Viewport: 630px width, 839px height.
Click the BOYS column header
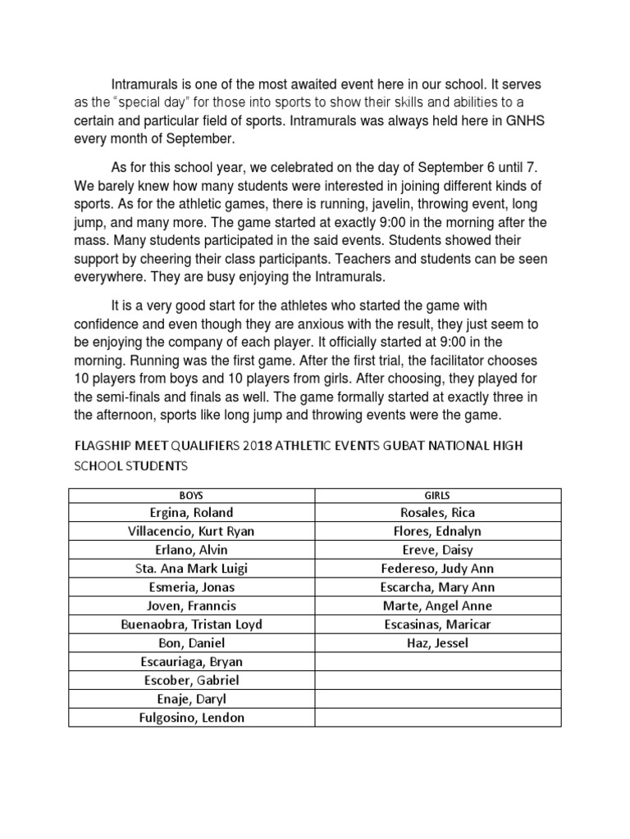[191, 495]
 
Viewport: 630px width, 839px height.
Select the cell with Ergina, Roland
[191, 512]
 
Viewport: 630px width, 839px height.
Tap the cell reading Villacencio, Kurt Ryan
[191, 531]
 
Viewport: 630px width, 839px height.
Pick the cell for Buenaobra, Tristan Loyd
[191, 624]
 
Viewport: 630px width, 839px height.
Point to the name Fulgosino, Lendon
[191, 718]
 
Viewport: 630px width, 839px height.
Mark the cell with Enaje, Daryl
[191, 699]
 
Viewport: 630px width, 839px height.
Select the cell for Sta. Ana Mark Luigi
[191, 569]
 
